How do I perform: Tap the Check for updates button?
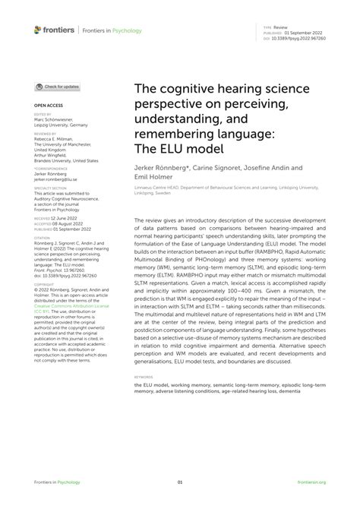click(x=57, y=87)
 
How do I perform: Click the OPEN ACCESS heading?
click(x=47, y=106)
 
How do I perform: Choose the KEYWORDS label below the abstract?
click(x=144, y=375)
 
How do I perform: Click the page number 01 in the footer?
click(x=180, y=482)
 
